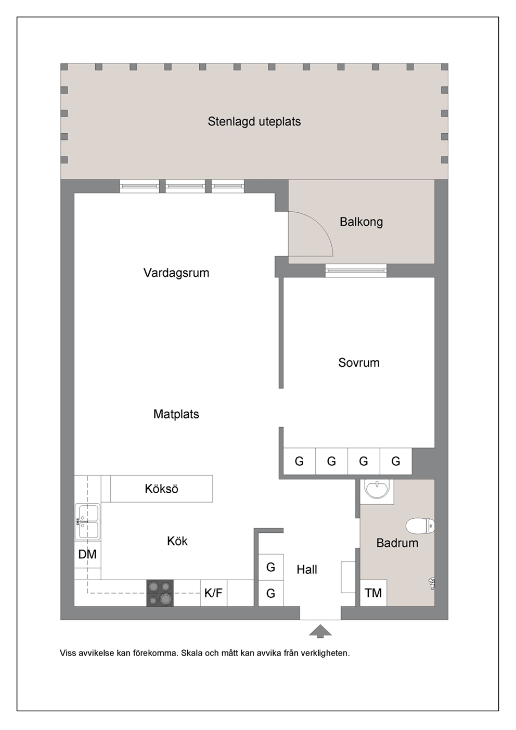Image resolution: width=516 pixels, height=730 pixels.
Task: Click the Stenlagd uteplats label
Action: click(x=254, y=122)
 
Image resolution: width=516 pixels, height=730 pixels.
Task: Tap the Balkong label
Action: click(x=362, y=222)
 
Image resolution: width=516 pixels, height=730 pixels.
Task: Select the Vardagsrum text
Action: click(x=176, y=273)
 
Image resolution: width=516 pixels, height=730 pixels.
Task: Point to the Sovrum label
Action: click(x=359, y=362)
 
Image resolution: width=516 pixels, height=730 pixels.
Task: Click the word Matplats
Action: click(x=176, y=414)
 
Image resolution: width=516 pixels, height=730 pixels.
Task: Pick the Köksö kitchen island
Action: click(x=162, y=489)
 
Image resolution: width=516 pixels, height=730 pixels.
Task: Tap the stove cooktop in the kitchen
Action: click(x=160, y=593)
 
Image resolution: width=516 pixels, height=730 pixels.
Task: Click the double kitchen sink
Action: click(x=87, y=522)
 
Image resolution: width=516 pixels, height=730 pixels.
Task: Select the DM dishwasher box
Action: click(x=87, y=554)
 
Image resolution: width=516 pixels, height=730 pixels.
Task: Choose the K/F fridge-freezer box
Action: click(x=213, y=593)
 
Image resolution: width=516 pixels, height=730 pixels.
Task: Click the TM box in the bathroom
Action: click(x=373, y=593)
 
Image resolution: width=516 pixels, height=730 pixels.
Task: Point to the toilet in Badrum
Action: click(x=420, y=526)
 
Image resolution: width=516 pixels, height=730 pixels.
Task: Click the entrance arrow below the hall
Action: click(x=320, y=631)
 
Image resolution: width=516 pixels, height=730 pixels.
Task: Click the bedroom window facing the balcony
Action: click(x=356, y=271)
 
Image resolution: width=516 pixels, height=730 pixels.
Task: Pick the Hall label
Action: click(x=307, y=569)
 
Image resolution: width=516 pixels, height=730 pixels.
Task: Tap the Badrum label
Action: click(x=397, y=543)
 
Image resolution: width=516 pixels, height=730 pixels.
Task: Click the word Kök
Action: click(x=177, y=541)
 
